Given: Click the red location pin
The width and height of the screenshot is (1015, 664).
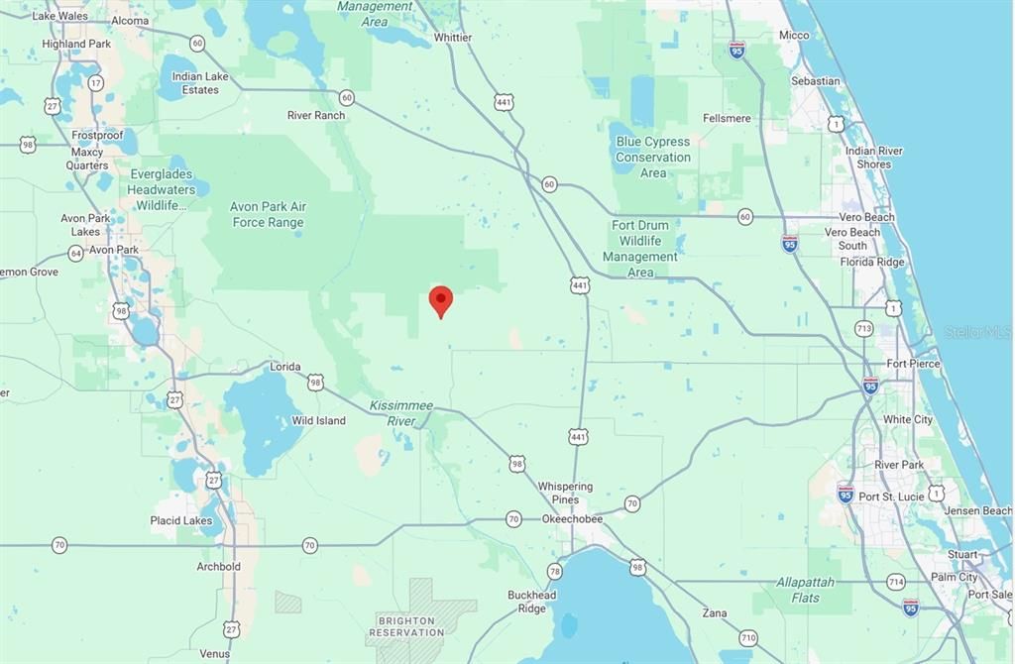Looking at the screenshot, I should tap(440, 300).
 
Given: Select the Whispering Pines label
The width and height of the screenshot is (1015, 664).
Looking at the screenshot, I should tap(565, 493).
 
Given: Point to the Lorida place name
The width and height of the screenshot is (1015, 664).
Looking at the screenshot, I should tap(285, 367).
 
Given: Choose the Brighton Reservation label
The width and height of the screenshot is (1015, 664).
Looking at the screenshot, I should tap(406, 625).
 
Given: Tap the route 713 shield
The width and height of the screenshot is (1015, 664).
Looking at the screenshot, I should tap(863, 328).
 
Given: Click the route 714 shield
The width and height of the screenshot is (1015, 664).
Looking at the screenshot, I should tap(896, 582).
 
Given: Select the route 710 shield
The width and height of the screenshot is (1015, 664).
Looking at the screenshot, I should tap(747, 637).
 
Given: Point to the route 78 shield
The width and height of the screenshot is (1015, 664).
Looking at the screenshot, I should tap(554, 571).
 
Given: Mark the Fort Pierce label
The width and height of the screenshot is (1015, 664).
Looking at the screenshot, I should tap(913, 364).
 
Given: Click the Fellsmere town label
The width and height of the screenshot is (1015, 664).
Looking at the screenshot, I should tap(727, 119).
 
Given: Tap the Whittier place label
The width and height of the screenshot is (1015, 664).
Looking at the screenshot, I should tap(453, 38).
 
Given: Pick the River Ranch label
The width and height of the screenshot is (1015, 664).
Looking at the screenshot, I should tap(316, 115).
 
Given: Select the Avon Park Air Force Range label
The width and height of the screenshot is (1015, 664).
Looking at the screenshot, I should tap(268, 215).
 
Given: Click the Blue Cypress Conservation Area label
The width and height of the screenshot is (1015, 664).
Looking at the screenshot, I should tap(652, 157).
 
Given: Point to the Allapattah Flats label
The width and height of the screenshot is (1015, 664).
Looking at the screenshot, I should tap(805, 590).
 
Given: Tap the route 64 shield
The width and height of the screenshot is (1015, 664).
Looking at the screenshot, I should tap(76, 253).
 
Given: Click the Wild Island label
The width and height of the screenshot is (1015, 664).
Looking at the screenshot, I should tap(318, 421).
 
